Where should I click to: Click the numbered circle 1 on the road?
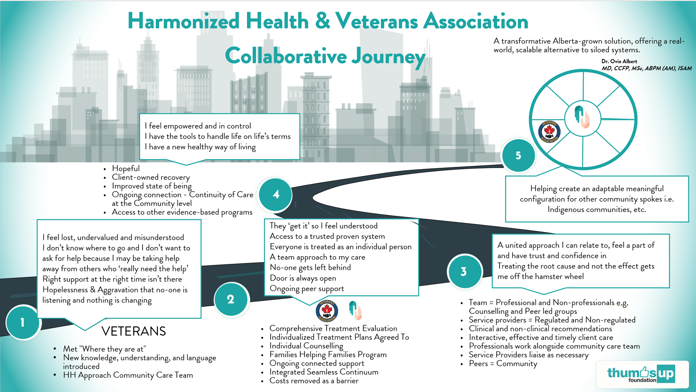pyautogui.click(x=23, y=322)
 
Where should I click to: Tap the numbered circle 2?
pyautogui.click(x=231, y=299)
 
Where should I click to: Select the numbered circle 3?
pyautogui.click(x=464, y=271)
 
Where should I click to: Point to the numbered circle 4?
pyautogui.click(x=276, y=194)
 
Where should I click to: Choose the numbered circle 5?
pyautogui.click(x=518, y=155)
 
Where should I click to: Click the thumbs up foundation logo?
pyautogui.click(x=642, y=374)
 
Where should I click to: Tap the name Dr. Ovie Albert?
pyautogui.click(x=619, y=61)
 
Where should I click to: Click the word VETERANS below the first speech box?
pyautogui.click(x=134, y=331)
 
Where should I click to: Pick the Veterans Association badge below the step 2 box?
pyautogui.click(x=327, y=311)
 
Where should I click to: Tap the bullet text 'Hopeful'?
pyautogui.click(x=126, y=168)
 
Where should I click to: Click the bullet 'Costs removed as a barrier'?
pyautogui.click(x=314, y=381)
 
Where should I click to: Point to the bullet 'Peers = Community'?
pyautogui.click(x=503, y=363)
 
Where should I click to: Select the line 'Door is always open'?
pyautogui.click(x=303, y=278)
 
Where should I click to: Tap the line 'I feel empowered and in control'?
pyautogui.click(x=198, y=126)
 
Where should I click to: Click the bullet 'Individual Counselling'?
pyautogui.click(x=306, y=346)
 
